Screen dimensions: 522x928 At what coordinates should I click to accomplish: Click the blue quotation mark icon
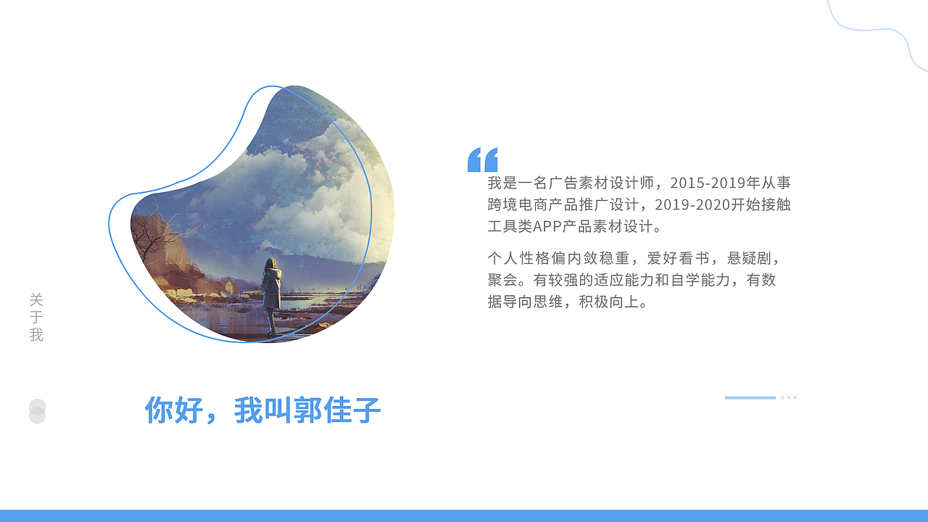point(483,159)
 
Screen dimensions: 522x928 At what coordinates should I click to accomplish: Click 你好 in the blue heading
point(174,410)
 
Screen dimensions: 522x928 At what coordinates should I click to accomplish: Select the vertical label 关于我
point(36,318)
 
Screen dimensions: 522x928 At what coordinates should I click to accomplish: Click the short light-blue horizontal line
point(750,397)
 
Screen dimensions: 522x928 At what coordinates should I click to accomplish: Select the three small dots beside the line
point(789,397)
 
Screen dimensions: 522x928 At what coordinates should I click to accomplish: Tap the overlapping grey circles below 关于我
point(37,411)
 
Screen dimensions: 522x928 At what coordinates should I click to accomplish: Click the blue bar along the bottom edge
point(464,515)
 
